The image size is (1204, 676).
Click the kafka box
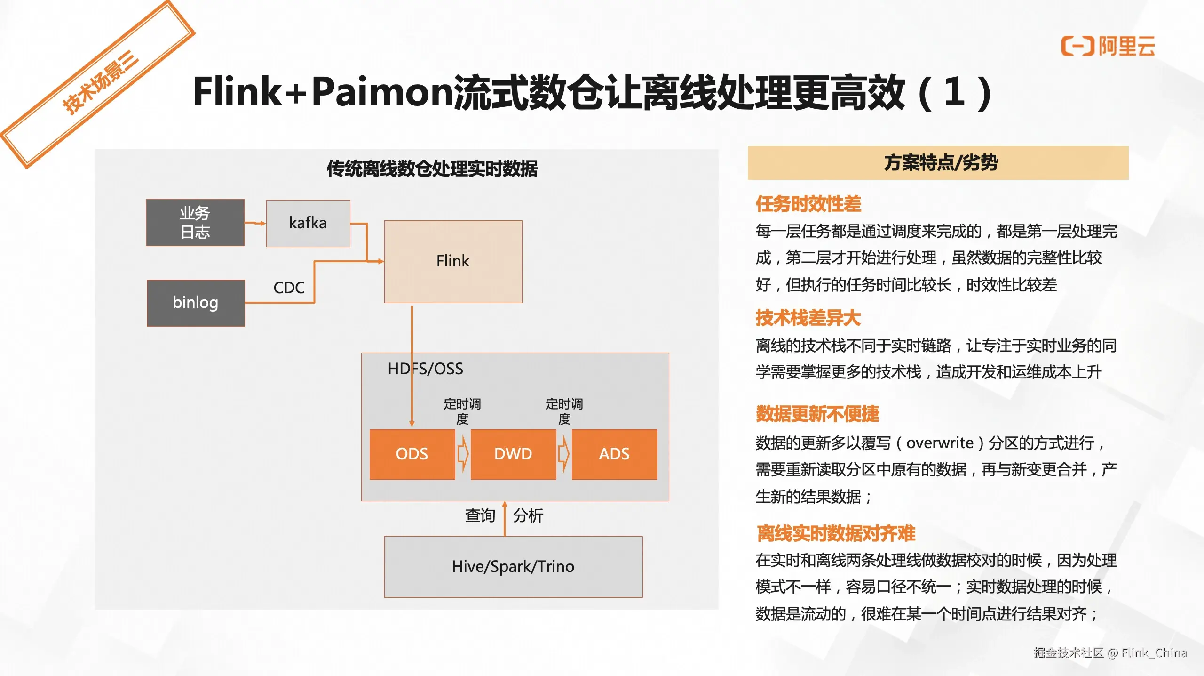click(x=308, y=223)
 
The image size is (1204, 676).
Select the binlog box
click(x=196, y=303)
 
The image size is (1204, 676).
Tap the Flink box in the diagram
click(x=453, y=261)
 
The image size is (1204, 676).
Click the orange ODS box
click(x=412, y=454)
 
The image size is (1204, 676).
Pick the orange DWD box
click(x=513, y=454)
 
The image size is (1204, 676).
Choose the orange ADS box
click(x=614, y=454)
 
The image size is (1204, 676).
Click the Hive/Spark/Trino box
click(x=513, y=567)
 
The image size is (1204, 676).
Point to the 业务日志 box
click(x=195, y=223)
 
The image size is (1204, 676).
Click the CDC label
click(x=289, y=288)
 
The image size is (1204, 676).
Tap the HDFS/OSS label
click(x=425, y=369)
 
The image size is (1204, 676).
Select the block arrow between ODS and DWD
click(x=463, y=454)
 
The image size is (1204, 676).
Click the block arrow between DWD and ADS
click(x=564, y=454)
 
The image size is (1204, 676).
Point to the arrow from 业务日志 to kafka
click(x=255, y=223)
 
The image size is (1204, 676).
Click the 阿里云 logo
click(x=1108, y=46)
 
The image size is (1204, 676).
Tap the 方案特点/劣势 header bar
click(x=938, y=163)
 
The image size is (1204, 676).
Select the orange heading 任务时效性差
click(x=808, y=204)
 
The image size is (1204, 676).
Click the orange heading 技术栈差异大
click(x=808, y=318)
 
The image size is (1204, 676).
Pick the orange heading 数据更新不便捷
click(x=817, y=414)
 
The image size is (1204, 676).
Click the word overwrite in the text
click(x=940, y=443)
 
